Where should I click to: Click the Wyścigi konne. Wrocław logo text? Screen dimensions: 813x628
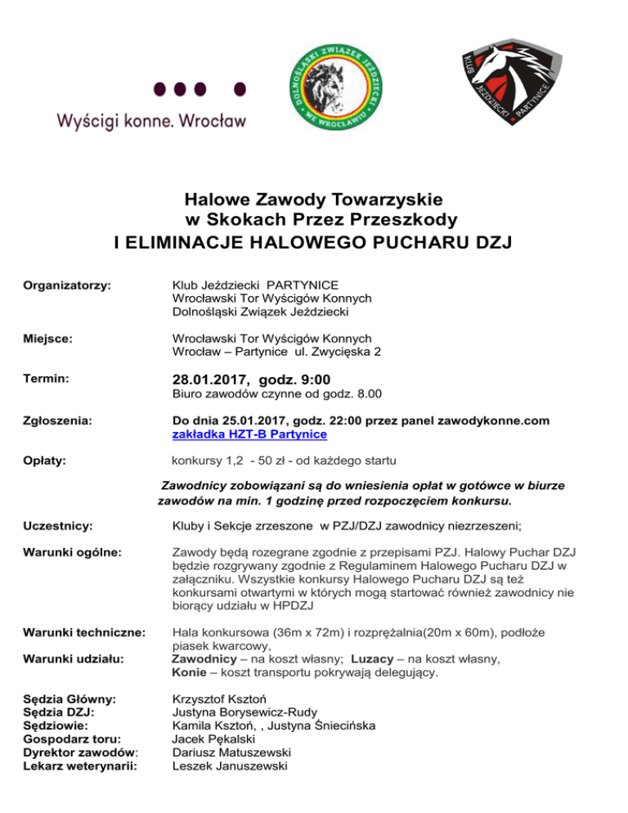tap(151, 121)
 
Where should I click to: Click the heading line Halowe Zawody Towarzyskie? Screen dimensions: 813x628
tap(313, 200)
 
